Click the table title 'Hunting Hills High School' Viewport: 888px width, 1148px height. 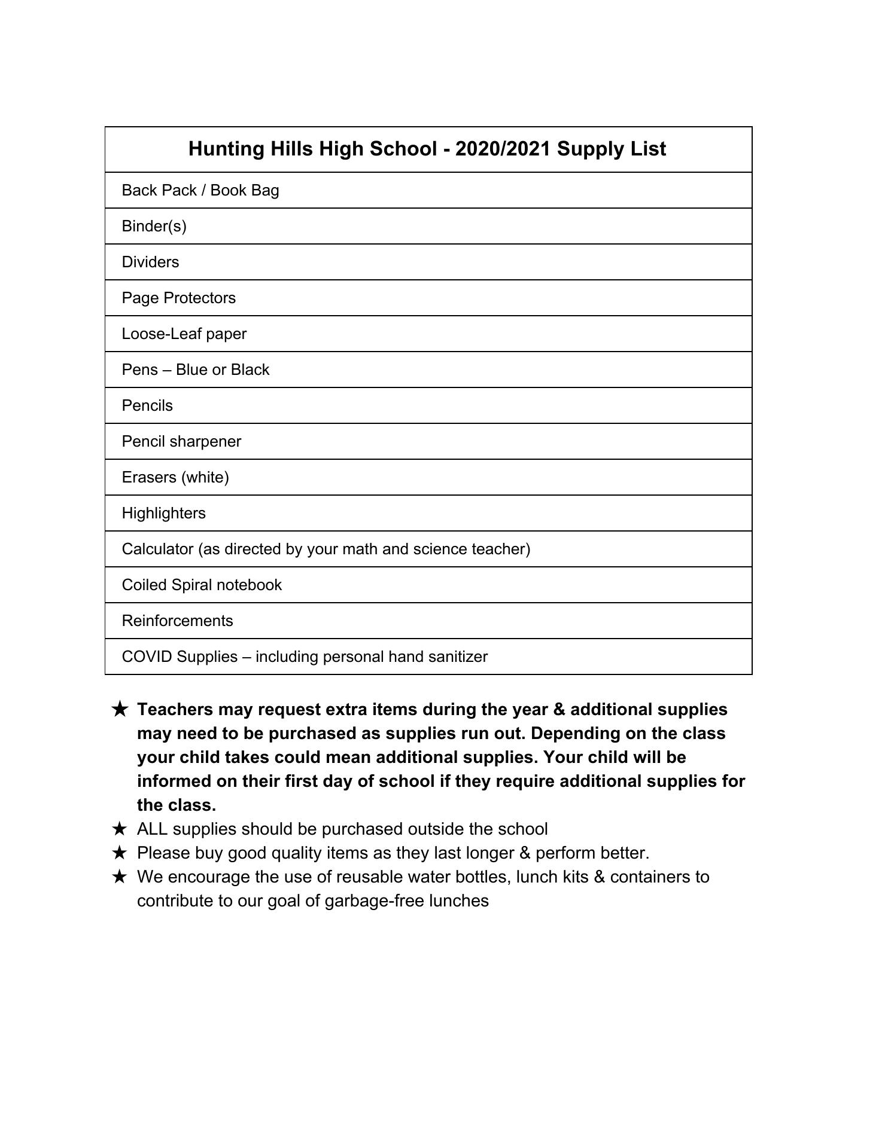(312, 149)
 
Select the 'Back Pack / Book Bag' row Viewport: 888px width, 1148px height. (200, 190)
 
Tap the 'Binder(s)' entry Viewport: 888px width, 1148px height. (154, 226)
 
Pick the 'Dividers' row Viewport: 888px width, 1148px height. (150, 262)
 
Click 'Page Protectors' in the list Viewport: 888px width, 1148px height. (179, 298)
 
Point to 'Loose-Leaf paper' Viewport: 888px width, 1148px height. (184, 334)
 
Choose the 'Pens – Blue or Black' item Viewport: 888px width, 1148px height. (196, 370)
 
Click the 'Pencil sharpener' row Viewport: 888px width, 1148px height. (181, 441)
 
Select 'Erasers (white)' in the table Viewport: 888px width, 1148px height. (175, 477)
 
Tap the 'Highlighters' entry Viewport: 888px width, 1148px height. (164, 513)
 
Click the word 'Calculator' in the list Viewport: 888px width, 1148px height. (157, 549)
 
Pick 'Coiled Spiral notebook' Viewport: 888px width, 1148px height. (202, 585)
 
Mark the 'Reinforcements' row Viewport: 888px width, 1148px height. (178, 621)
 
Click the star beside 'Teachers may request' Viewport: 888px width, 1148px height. (120, 710)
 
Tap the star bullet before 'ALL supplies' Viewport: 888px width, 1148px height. (120, 829)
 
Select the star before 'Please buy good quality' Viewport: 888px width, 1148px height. (120, 853)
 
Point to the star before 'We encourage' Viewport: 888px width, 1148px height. (120, 877)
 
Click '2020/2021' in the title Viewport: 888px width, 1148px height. (503, 149)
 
